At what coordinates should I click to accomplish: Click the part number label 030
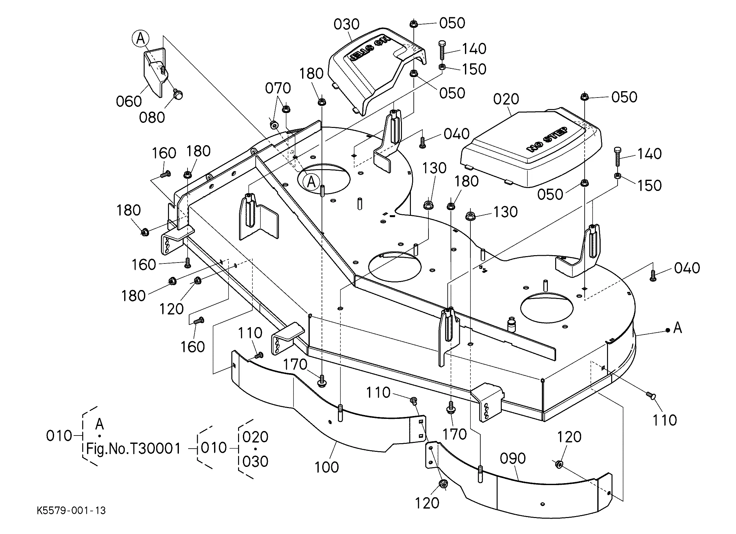pos(347,24)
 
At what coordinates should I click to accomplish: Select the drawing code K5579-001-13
pos(71,511)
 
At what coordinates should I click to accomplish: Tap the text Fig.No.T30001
pos(133,449)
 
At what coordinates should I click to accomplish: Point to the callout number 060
pos(129,102)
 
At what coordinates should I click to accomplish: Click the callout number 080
pos(152,117)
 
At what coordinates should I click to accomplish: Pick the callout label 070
pos(278,88)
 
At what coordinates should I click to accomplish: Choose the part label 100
pos(327,467)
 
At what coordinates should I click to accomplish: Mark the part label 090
pos(513,459)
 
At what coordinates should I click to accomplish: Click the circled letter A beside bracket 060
pos(141,39)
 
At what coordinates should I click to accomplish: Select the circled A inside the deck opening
pos(311,182)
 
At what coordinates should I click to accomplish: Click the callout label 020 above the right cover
pos(506,99)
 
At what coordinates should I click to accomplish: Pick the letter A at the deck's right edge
pos(678,328)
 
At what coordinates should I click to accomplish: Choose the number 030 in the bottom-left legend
pos(255,462)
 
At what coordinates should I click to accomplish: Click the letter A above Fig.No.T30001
pos(100,424)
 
